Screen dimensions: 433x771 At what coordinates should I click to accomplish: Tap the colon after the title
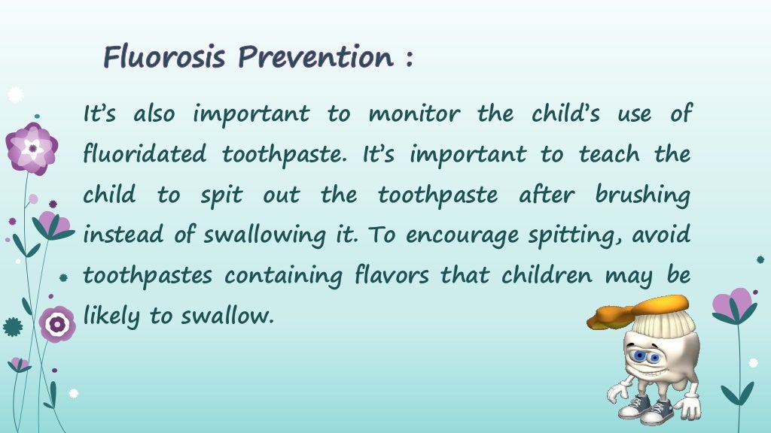pyautogui.click(x=408, y=59)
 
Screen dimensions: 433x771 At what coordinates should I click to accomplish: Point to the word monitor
pyautogui.click(x=415, y=114)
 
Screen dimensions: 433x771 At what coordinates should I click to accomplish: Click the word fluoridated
pyautogui.click(x=144, y=155)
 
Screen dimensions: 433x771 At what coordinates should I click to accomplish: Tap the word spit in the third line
pyautogui.click(x=221, y=196)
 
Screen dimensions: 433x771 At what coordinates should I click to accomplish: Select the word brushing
pyautogui.click(x=641, y=196)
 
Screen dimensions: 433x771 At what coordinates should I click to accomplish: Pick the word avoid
pyautogui.click(x=661, y=236)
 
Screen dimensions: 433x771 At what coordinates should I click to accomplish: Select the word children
pyautogui.click(x=538, y=276)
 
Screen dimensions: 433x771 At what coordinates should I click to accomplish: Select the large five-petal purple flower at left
pyautogui.click(x=32, y=148)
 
